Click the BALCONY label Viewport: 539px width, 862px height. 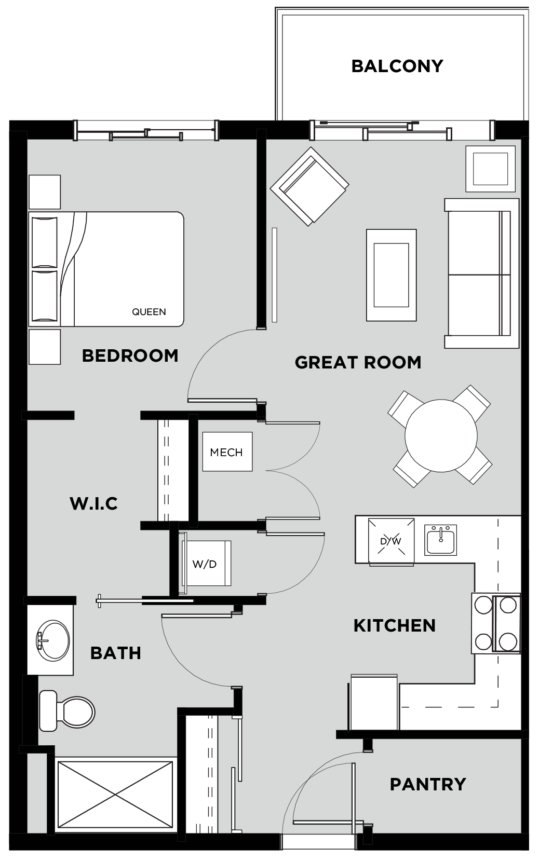tap(397, 66)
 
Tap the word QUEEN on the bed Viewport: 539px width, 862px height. tap(149, 312)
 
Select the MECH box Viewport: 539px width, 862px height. tap(227, 451)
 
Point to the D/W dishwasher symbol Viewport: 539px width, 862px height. tap(391, 541)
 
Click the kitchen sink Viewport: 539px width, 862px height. tap(440, 540)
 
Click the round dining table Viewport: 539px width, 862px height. tap(441, 435)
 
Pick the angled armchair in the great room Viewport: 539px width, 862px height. tap(309, 187)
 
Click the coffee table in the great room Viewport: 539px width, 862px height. tap(391, 275)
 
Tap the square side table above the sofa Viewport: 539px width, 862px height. tap(491, 169)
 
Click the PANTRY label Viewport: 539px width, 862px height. tap(428, 784)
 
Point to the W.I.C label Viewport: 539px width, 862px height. tap(93, 503)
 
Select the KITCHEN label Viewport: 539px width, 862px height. tap(395, 625)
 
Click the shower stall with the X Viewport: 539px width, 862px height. tap(115, 794)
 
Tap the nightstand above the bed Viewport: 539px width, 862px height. tap(45, 192)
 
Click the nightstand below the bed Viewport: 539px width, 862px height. tap(45, 346)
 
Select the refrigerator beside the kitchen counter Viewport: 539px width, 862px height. tap(373, 702)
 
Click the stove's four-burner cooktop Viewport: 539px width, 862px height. tap(496, 623)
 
